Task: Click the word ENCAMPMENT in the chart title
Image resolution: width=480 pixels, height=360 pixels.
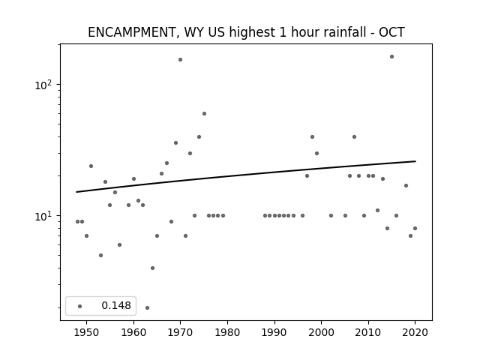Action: tap(130, 32)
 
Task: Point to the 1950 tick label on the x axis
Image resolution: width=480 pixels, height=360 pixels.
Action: tap(87, 332)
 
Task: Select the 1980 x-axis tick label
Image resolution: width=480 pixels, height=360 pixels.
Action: tap(227, 332)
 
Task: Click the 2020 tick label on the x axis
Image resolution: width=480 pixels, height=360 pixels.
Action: tap(415, 332)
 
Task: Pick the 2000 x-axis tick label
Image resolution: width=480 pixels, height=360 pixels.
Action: tap(321, 332)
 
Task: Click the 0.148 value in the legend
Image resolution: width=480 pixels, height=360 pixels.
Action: tap(116, 305)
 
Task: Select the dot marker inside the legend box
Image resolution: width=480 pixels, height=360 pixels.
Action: tap(80, 306)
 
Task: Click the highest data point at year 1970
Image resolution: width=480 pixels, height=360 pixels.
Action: tap(180, 60)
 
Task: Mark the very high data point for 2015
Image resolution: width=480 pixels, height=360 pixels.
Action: tap(391, 57)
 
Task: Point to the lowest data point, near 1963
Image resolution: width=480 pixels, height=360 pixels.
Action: tap(147, 307)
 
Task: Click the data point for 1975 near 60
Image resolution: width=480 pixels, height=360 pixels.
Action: tap(204, 113)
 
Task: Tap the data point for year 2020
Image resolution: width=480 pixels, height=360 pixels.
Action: tap(415, 228)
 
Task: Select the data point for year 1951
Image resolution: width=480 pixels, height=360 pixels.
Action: tap(91, 166)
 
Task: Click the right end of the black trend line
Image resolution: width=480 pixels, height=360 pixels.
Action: tap(415, 161)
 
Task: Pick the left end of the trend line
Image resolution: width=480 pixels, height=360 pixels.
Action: tap(76, 192)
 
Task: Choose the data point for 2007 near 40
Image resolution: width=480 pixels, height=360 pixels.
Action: tap(354, 136)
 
